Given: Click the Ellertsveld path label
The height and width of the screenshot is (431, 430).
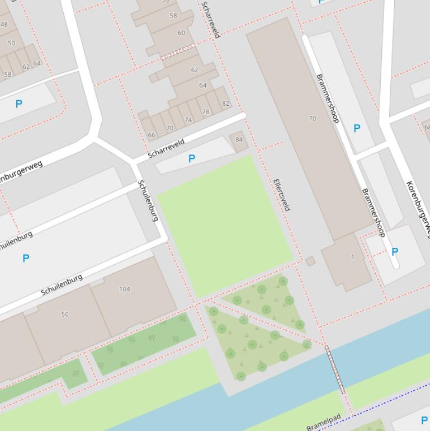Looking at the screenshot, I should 282,195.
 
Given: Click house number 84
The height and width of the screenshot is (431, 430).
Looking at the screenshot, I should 239,140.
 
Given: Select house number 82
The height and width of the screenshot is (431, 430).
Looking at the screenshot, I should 225,104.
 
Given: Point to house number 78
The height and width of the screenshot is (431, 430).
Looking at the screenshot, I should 206,112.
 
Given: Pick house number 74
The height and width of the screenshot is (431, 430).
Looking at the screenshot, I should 188,120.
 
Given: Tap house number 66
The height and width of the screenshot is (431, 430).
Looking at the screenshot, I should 152,135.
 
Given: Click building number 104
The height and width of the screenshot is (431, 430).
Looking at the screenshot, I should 124,289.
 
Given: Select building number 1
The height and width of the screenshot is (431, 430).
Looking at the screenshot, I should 352,257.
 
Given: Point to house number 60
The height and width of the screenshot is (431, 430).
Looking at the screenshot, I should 181,33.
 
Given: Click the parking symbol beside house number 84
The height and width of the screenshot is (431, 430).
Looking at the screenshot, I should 192,159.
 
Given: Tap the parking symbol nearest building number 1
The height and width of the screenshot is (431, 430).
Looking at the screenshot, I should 395,252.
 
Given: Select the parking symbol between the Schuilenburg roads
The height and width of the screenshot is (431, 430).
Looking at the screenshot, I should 26,258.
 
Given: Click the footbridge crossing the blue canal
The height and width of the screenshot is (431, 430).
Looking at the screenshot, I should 335,369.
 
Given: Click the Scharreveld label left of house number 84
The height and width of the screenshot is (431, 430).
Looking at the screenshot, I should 167,148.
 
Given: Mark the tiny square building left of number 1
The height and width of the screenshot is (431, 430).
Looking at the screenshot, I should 310,261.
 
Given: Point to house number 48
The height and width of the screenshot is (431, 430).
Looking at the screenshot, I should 4,24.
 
